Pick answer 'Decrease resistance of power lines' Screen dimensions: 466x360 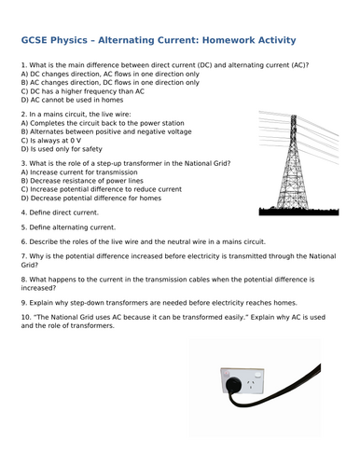[x=83, y=181]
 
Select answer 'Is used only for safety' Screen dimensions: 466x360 [x=65, y=146]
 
